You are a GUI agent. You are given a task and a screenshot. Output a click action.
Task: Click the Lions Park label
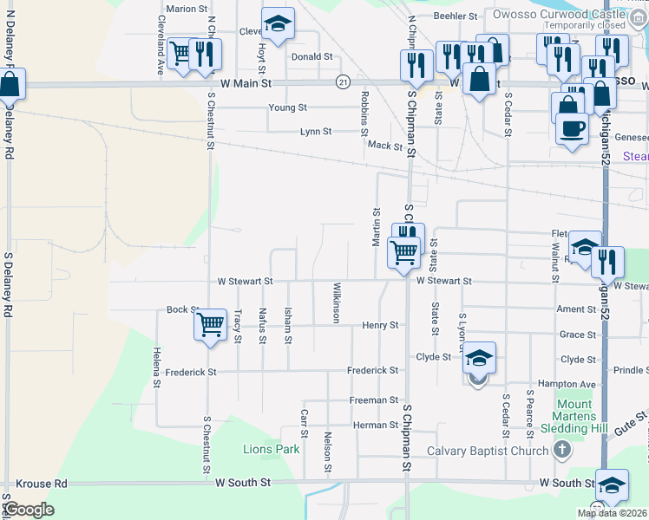point(272,449)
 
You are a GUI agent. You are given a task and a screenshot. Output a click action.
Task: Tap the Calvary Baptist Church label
point(488,450)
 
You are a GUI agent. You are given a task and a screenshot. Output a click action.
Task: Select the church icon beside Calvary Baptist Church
point(562,450)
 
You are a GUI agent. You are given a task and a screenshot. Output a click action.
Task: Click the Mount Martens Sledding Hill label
point(574,416)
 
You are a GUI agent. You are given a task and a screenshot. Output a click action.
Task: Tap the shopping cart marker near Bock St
point(210,326)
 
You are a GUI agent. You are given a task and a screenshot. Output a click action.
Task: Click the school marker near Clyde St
point(479,356)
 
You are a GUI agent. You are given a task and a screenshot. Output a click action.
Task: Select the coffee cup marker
point(571,128)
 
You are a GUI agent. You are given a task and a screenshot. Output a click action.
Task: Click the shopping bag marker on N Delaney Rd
point(10,84)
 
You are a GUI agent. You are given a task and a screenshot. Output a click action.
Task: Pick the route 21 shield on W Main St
point(344,81)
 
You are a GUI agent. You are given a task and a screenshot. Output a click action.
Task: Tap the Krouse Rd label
point(41,483)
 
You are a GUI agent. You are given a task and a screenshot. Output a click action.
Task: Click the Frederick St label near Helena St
point(186,371)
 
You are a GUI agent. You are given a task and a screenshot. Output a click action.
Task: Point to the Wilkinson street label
point(335,302)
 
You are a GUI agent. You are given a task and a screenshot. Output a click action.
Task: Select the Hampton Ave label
point(574,384)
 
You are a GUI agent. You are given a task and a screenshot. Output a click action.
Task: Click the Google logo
point(29,510)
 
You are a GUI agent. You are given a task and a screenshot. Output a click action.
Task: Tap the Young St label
point(287,107)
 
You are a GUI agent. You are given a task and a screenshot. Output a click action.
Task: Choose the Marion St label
point(187,9)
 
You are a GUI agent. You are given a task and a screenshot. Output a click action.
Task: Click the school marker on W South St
point(612,484)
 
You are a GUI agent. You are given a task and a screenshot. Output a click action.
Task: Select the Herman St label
point(374,425)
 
